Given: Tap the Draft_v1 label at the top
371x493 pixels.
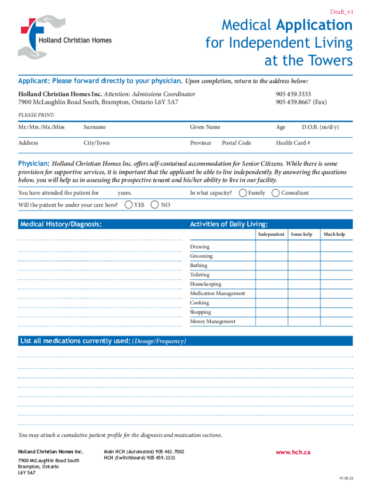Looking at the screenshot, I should (x=341, y=12).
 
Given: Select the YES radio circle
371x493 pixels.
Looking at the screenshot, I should (x=129, y=205).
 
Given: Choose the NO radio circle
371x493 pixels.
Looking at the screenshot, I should (x=155, y=205).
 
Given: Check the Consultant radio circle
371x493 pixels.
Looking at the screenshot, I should (x=276, y=193).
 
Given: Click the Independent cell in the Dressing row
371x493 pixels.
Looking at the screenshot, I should (x=271, y=246).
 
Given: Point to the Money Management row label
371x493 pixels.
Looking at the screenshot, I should (x=212, y=322).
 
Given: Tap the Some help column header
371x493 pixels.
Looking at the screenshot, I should (x=302, y=234).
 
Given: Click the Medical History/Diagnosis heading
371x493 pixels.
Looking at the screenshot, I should (x=61, y=224).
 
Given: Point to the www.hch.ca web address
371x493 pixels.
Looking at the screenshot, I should (x=293, y=452).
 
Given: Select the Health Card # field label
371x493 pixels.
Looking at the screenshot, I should (x=292, y=143).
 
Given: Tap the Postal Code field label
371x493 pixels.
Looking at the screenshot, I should (x=236, y=143).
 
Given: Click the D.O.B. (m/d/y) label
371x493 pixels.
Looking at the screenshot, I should (x=320, y=127).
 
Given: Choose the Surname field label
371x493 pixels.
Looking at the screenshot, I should (x=94, y=127).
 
